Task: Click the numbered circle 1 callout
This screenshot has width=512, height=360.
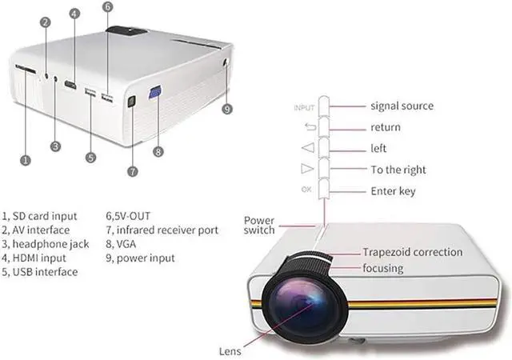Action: tap(26, 161)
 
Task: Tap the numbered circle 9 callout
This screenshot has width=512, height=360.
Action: tap(228, 109)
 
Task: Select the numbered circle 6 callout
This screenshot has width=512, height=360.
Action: tap(108, 7)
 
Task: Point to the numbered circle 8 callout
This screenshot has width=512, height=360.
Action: tap(158, 150)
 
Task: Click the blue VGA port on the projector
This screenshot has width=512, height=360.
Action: tap(155, 94)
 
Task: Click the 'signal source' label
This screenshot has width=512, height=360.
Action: tap(402, 106)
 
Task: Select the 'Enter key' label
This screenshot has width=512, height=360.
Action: tap(393, 191)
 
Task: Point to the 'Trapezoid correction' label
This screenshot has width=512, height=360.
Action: tap(412, 252)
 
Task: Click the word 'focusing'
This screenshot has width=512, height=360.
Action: tap(382, 268)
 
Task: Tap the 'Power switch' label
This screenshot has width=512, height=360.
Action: tap(259, 225)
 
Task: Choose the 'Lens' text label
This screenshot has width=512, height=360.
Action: tap(230, 350)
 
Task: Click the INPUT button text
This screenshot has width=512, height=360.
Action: tap(305, 106)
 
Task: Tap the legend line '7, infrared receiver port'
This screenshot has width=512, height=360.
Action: tap(162, 230)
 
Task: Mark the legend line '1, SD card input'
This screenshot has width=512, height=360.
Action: tap(40, 215)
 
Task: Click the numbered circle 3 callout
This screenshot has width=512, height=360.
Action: tap(54, 146)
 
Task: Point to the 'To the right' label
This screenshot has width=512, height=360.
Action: tap(398, 170)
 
